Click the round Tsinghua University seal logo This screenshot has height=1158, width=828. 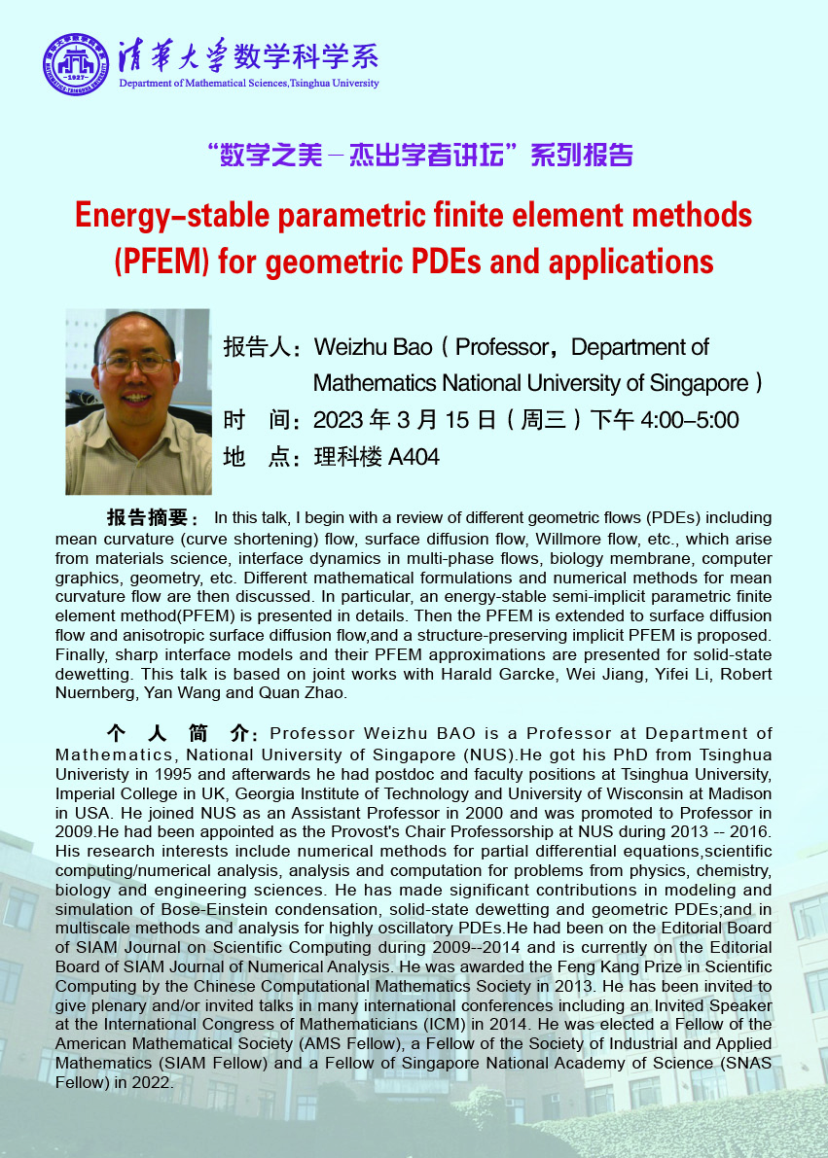tap(74, 63)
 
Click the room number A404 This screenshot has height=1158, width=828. tap(414, 456)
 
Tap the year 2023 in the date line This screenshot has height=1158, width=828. tap(339, 420)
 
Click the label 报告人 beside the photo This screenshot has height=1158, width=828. tap(254, 347)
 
